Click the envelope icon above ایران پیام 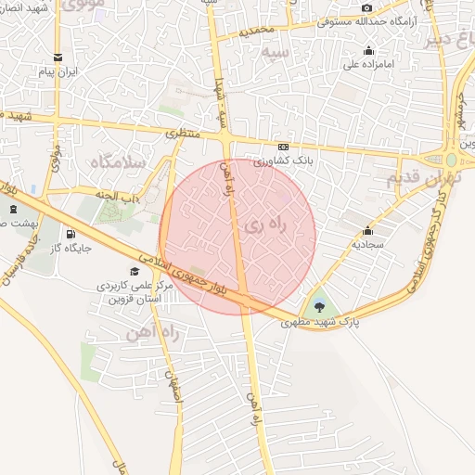59,55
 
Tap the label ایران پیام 59,71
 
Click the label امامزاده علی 370,65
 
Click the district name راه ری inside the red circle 263,225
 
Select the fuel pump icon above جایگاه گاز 71,234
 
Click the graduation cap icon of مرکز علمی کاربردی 135,272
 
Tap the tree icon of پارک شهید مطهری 320,306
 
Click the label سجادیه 367,245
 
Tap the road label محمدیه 258,31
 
